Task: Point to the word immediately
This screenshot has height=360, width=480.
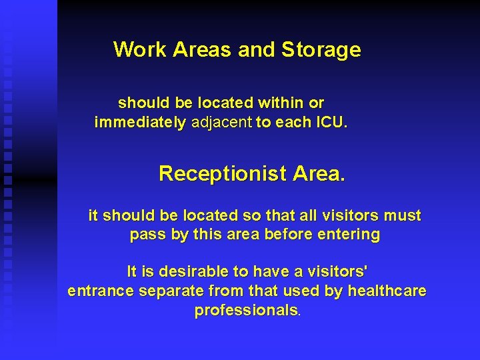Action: [141, 123]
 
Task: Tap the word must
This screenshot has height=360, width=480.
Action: [402, 216]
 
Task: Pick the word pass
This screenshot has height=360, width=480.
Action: [145, 235]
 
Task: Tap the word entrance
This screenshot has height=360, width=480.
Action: [101, 291]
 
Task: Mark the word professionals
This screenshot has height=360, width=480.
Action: [247, 311]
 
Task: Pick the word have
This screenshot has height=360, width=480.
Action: [272, 272]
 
